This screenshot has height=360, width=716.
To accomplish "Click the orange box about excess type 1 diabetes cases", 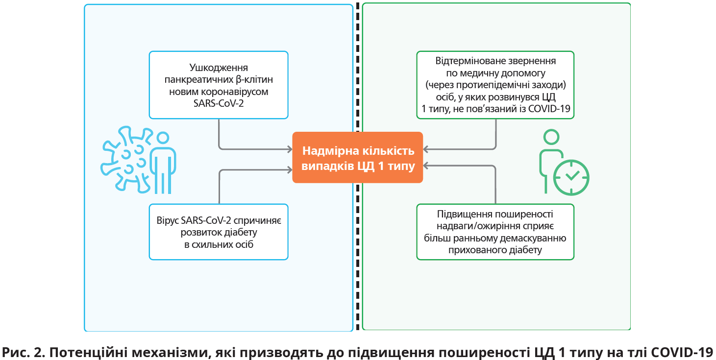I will [357, 158].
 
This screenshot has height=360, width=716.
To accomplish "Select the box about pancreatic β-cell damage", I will [219, 85].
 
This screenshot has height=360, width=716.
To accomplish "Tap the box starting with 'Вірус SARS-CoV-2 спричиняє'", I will [219, 232].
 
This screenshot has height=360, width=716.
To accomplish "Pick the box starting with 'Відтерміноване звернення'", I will [495, 85].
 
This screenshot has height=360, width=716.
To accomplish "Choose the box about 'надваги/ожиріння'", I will [495, 232].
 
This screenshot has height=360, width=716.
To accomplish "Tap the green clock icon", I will [571, 177].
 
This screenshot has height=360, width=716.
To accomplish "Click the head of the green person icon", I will [551, 137].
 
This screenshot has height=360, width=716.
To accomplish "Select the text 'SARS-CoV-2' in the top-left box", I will [218, 103].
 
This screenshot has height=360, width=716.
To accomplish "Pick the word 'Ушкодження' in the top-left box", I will [219, 68].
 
